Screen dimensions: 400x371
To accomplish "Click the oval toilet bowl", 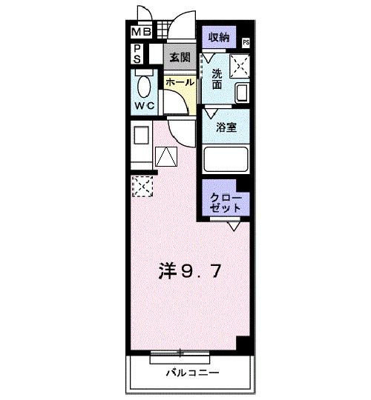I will tap(145, 86).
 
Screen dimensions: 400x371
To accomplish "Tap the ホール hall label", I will tap(180, 82).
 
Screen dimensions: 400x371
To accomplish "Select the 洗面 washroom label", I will tap(216, 79).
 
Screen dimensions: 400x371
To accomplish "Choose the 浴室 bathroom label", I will tap(226, 127).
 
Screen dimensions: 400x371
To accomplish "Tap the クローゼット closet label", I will tap(226, 202).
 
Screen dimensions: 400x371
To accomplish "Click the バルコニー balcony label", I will tap(191, 373).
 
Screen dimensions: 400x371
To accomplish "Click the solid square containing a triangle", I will tap(166, 156).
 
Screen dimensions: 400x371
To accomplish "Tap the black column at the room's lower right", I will tap(243, 345).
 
